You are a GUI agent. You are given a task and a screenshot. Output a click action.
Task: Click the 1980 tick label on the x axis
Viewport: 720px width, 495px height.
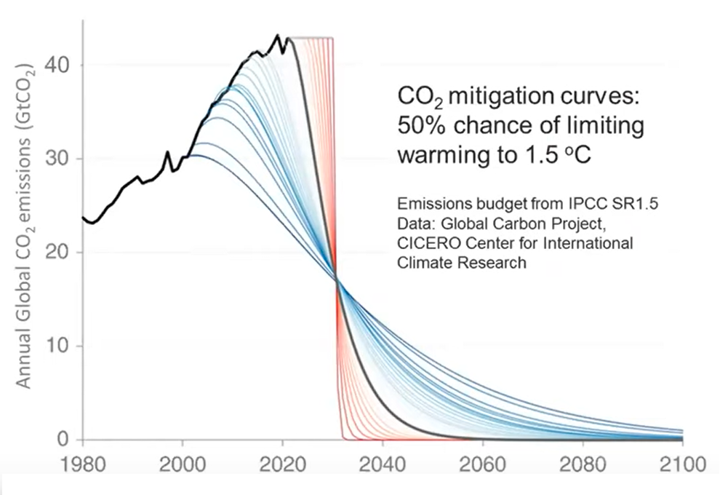point(82,464)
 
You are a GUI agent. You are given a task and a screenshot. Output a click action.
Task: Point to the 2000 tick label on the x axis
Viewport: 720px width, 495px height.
point(183,464)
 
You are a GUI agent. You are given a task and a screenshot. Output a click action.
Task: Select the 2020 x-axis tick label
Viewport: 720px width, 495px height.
point(283,464)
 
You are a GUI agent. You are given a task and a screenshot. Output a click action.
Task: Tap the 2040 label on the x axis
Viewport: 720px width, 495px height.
point(383,464)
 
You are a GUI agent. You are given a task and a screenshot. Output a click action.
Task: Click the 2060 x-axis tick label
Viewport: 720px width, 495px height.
point(482,464)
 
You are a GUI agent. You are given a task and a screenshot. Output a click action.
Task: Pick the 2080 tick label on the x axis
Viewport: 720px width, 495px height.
point(583,464)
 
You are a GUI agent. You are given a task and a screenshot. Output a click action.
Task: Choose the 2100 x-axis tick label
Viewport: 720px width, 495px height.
point(681,464)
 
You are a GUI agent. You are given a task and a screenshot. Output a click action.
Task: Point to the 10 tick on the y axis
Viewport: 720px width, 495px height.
point(60,346)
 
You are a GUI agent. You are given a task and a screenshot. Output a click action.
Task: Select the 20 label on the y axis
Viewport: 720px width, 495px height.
point(60,253)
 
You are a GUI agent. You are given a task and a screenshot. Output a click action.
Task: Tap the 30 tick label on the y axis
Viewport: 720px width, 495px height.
point(60,159)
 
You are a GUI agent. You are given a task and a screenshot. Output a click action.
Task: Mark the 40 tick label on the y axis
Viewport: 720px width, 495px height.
point(60,66)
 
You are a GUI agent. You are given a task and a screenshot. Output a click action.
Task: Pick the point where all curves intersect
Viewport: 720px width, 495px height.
point(337,280)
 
